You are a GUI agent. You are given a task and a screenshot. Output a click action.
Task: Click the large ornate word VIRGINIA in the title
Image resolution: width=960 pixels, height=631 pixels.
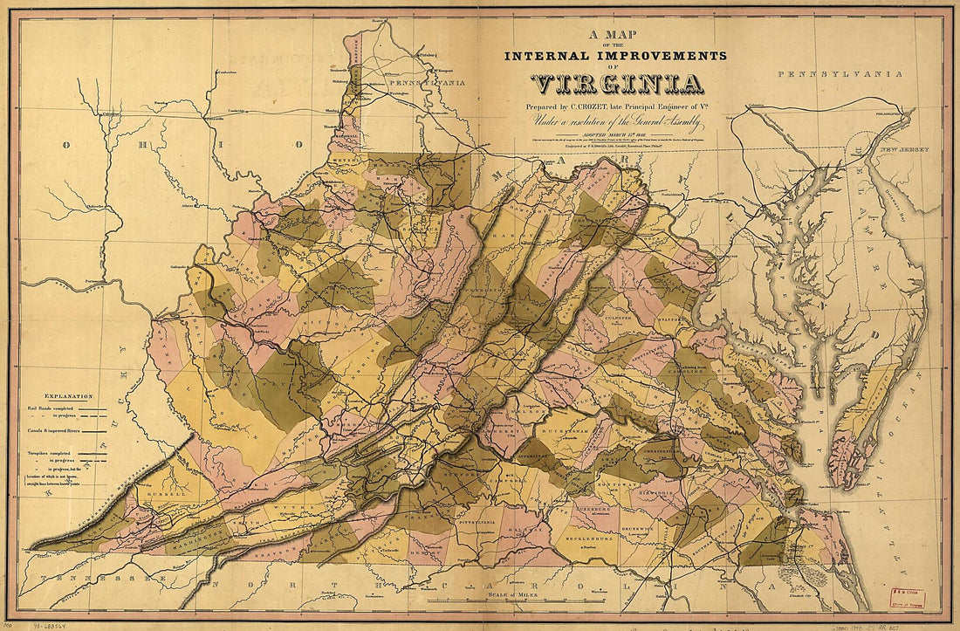(617, 85)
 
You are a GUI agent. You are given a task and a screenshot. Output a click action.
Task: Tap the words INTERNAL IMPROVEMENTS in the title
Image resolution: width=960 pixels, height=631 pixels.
(615, 56)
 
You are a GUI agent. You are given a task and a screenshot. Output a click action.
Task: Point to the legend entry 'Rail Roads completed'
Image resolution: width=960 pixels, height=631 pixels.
(61, 406)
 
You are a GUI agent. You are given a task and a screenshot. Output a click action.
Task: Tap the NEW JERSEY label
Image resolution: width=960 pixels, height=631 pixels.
(900, 152)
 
